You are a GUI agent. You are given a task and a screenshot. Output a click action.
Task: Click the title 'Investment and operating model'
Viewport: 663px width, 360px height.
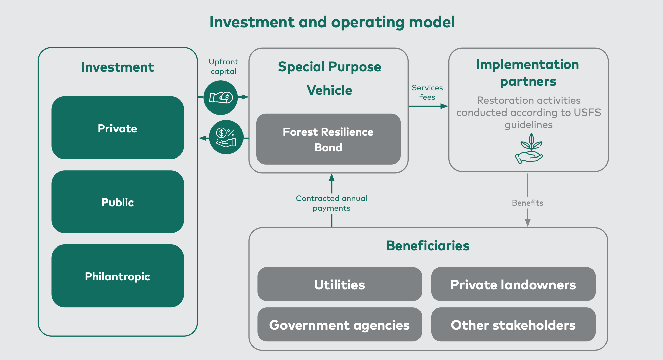332,22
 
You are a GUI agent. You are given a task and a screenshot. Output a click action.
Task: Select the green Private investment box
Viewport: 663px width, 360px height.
118,128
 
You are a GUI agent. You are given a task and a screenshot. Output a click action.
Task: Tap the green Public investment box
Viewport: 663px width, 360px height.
118,202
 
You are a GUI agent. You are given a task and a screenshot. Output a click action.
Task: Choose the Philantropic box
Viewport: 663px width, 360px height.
118,276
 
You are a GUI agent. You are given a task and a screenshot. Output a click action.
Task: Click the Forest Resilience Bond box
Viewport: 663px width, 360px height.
328,139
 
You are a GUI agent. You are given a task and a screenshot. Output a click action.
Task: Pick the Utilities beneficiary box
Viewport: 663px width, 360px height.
340,284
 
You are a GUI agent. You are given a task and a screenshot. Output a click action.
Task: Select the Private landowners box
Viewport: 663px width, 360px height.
514,284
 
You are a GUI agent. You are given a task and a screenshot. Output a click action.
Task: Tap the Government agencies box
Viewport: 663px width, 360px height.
340,324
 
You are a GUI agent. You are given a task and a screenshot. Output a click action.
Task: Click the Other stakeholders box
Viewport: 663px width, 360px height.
514,324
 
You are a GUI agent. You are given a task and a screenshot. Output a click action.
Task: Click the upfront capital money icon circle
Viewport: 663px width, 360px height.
221,98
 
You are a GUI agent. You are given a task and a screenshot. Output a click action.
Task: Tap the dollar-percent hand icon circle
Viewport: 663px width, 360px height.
226,137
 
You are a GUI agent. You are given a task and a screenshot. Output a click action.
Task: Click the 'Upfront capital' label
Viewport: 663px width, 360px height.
223,66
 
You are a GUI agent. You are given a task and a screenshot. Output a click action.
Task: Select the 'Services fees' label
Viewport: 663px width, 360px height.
427,92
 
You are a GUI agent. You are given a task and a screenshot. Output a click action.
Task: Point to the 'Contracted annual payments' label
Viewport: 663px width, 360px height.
331,203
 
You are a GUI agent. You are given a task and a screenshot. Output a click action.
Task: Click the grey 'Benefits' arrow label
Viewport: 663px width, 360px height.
528,203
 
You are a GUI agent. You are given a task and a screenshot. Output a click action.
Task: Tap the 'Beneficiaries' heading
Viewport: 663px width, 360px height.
428,246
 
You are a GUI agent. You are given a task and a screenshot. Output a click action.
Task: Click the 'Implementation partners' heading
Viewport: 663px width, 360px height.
528,73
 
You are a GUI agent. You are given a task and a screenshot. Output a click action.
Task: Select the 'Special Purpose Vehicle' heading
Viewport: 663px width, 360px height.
329,78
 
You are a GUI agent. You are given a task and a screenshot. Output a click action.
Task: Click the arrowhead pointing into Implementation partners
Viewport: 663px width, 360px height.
444,106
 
